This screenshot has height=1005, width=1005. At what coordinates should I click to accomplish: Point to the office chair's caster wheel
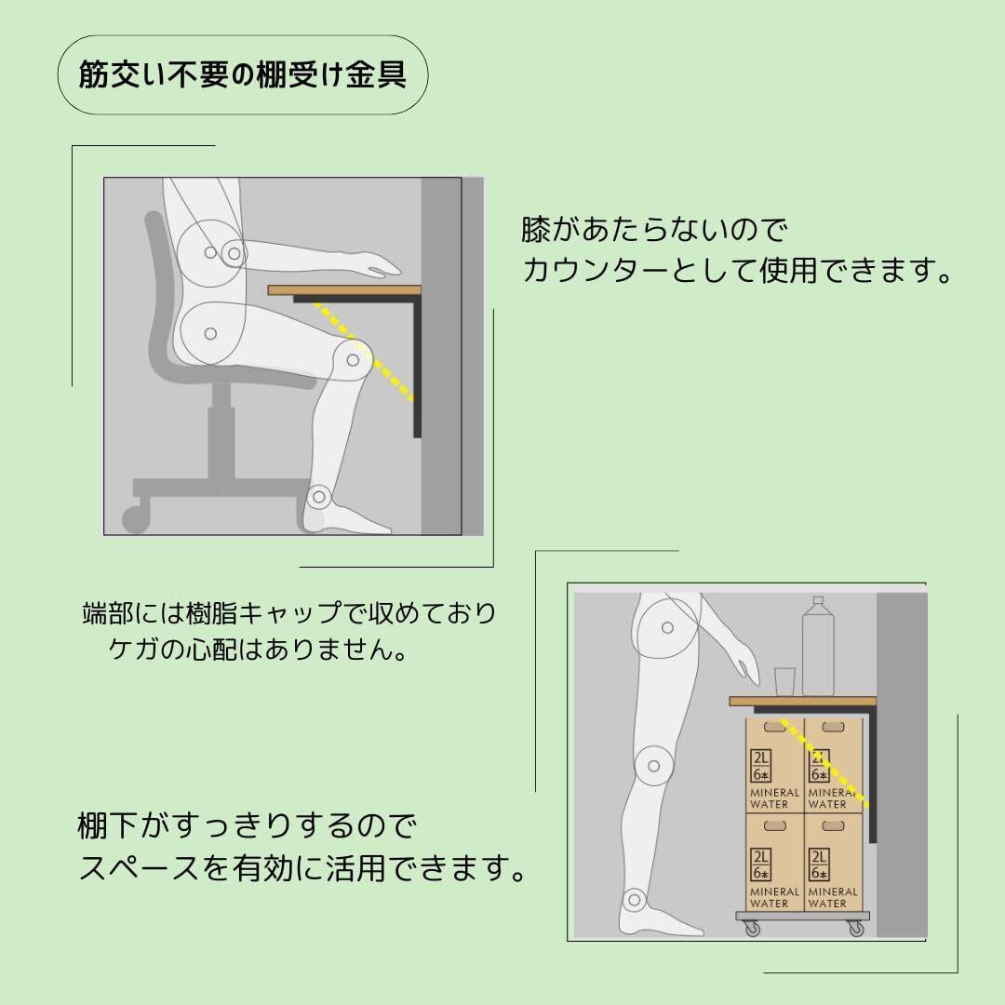tap(135, 515)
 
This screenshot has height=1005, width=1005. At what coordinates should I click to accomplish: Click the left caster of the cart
tap(751, 929)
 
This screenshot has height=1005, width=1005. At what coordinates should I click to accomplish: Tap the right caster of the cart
tap(853, 929)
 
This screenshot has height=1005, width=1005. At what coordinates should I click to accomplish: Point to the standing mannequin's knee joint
tap(654, 765)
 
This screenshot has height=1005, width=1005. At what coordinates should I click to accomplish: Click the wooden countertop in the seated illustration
tap(344, 290)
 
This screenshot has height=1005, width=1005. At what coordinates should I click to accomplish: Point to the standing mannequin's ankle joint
tap(636, 900)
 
